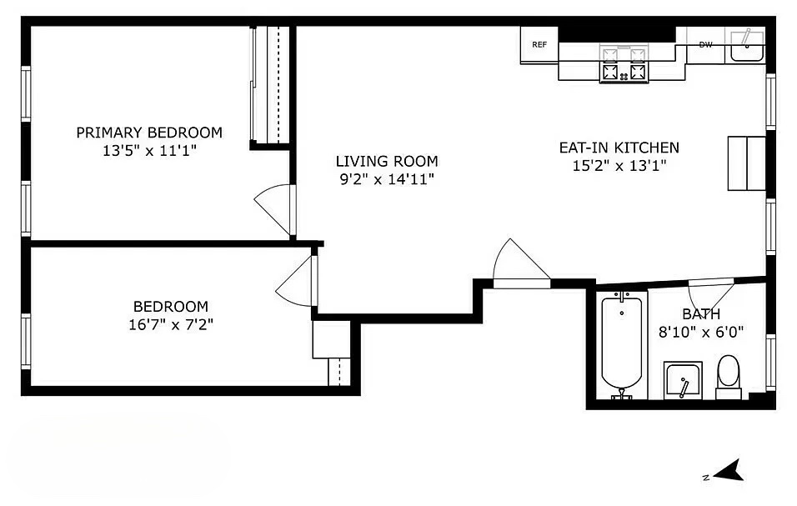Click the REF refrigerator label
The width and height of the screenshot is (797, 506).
coord(539,44)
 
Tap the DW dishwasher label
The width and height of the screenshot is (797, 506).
coord(705,44)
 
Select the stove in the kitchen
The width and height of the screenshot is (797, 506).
coord(624,65)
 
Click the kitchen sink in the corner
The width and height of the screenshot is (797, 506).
coord(747,47)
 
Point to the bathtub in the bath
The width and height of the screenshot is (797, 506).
coord(622,344)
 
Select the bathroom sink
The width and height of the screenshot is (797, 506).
coord(684,381)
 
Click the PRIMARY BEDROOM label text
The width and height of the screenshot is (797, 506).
coord(149,133)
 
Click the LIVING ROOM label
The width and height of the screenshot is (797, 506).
coord(386,161)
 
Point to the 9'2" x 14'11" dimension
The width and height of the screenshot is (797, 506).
coord(386,178)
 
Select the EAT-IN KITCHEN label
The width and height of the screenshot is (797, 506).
coord(619,148)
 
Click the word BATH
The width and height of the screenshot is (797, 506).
coord(701,314)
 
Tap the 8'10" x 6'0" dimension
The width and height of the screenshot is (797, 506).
coord(701,332)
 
